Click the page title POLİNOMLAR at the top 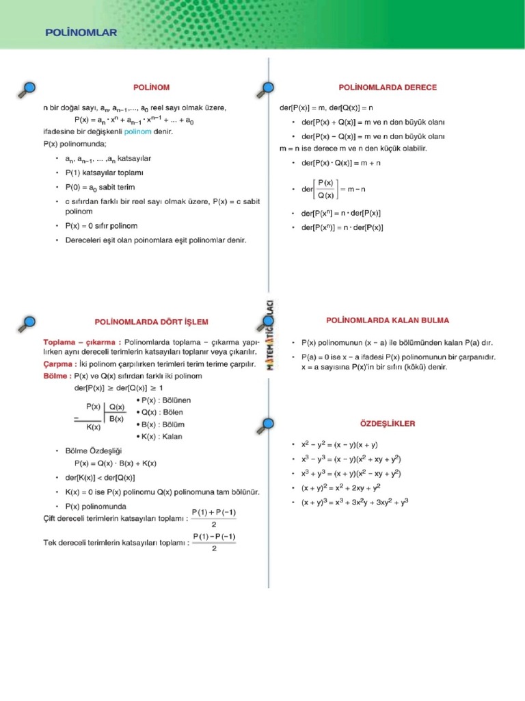81,31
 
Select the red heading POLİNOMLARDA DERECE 388,88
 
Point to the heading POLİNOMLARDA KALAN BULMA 387,320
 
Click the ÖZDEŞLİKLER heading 387,424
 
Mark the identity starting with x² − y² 340,445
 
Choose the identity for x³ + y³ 351,474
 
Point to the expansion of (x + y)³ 355,502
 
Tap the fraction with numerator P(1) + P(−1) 214,518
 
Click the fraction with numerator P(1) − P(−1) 214,542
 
